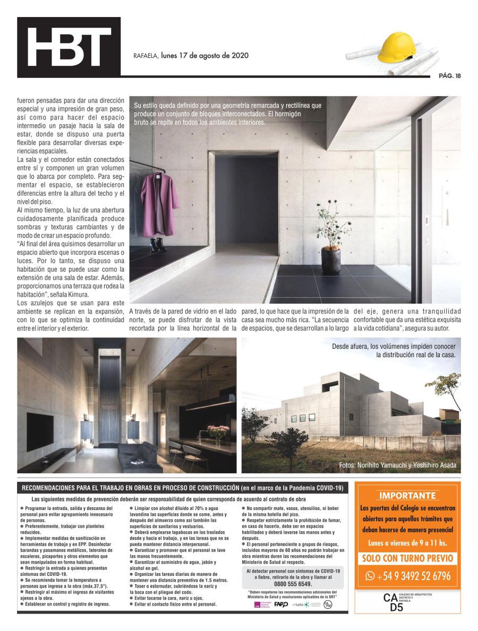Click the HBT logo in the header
tap(69, 47)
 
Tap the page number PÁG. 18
tap(449, 75)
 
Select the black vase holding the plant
tap(331, 260)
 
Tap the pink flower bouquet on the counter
tap(218, 431)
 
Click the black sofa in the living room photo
tap(138, 456)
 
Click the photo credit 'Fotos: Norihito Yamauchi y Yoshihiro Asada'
tap(397, 465)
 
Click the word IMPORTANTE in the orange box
tap(407, 496)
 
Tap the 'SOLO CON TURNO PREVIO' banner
tap(407, 558)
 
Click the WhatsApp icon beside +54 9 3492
tap(370, 576)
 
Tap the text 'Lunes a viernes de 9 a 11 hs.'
tap(407, 543)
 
